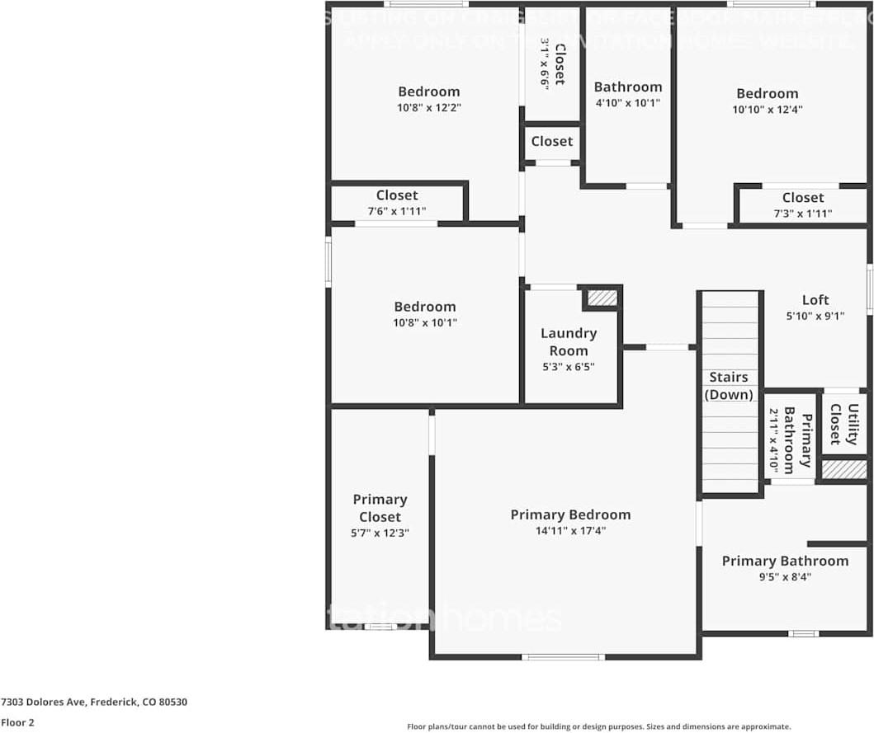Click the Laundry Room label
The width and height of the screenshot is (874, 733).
point(569,341)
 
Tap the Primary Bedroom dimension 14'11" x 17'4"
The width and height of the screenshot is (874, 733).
point(570,531)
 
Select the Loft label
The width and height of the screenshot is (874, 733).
point(815,300)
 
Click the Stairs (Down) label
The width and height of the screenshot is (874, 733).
point(729,386)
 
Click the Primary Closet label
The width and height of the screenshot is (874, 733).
point(380,508)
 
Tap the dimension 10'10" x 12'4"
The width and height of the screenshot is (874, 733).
point(768,109)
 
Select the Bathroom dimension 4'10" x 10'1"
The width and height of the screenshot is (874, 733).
point(628,103)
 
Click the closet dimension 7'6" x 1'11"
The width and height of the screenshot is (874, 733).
point(397,211)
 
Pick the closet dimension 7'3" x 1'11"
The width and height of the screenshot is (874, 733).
point(803,214)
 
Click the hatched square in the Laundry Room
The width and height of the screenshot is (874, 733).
point(602,298)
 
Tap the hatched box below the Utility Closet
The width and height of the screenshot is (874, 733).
point(843,469)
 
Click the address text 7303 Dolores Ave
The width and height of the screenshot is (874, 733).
point(94,702)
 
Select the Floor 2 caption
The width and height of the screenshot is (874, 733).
point(18,722)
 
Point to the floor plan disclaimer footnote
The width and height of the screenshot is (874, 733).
point(598,726)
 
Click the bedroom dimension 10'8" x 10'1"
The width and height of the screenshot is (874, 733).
point(425,322)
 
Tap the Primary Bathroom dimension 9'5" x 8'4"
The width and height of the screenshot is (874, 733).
point(785,577)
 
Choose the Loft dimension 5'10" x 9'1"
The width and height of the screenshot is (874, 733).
point(815,315)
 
